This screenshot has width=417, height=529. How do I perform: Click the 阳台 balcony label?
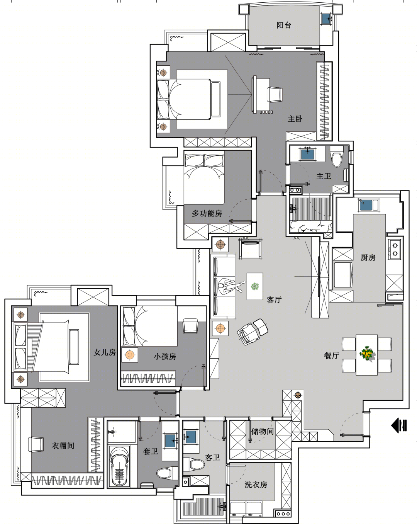284,25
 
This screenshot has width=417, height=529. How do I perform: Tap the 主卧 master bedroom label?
295,119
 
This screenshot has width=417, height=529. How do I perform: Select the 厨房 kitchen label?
368,258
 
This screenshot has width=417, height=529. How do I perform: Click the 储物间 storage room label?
263,431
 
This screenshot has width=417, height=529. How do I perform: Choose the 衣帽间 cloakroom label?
63,446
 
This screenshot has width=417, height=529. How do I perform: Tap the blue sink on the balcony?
327,19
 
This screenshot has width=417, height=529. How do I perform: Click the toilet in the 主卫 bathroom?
337,157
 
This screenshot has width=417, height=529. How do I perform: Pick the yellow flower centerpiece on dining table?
367,353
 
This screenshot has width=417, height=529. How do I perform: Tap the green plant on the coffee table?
255,286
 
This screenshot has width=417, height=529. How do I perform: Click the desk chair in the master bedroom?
275,94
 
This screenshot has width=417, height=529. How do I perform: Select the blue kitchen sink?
366,205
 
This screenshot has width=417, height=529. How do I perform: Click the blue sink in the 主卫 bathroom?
308,154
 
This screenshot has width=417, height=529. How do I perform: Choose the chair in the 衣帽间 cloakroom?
36,444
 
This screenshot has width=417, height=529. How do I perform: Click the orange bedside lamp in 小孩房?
130,355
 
